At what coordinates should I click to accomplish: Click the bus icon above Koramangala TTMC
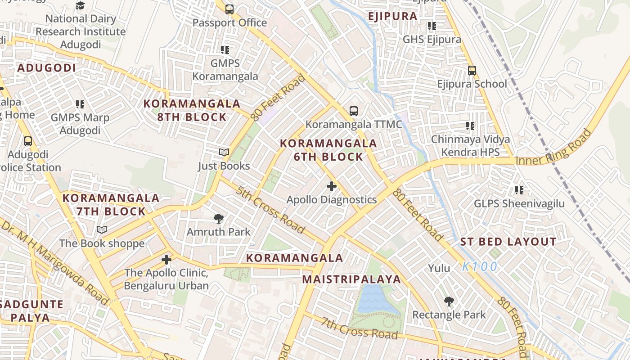(354, 111)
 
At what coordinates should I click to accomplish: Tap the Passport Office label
(229, 22)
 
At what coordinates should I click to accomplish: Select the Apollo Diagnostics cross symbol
(332, 186)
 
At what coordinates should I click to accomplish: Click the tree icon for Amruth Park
(219, 219)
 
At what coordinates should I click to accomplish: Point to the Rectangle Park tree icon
(449, 301)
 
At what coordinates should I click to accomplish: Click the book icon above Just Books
(224, 153)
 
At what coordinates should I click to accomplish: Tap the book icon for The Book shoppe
(102, 230)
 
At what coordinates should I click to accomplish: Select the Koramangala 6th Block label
(328, 150)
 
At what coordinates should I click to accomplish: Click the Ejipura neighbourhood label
(392, 16)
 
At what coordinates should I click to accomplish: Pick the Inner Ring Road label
(553, 148)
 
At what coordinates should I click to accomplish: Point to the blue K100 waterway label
(480, 266)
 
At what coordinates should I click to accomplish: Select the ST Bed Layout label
(508, 242)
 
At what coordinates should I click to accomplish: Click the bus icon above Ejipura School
(472, 71)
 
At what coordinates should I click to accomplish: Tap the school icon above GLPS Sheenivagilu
(519, 190)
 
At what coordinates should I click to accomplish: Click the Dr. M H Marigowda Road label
(54, 261)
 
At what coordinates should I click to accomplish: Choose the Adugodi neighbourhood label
(46, 68)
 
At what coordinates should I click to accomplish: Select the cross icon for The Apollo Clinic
(166, 260)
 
